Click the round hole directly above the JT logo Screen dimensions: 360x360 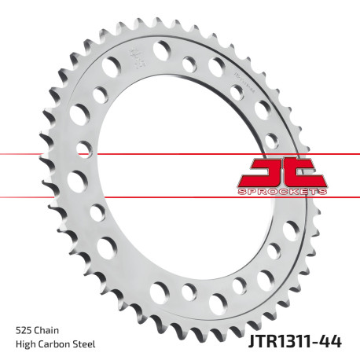pos(271,142)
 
